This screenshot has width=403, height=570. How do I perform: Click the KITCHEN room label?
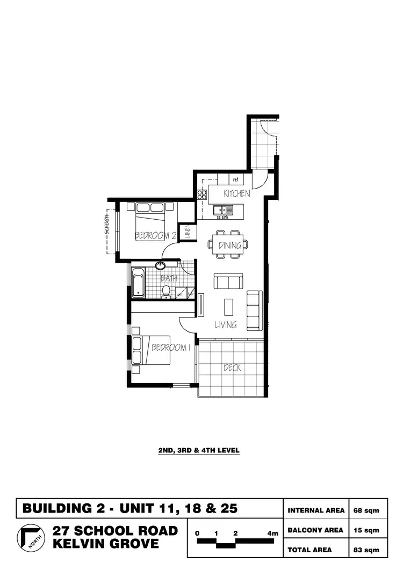pos(237,193)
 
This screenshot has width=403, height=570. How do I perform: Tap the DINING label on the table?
pos(229,245)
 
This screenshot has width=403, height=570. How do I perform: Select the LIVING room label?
pos(226,324)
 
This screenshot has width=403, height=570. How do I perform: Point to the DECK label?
pos(232,368)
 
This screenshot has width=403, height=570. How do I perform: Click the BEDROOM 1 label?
pos(171,348)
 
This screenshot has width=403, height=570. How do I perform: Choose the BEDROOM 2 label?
pos(155,235)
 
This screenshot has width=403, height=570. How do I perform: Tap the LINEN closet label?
pos(188,232)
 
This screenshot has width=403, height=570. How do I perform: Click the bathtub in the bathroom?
pos(138,282)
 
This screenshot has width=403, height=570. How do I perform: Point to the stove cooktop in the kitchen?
pos(203,194)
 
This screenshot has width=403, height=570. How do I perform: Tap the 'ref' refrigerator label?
pos(235,180)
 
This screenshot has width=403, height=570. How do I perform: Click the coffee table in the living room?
pos(229,307)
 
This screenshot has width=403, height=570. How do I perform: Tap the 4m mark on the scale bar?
pos(273,533)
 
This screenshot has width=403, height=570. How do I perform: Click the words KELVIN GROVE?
pos(105,544)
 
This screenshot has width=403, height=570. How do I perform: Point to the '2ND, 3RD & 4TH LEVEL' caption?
pos(199,451)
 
